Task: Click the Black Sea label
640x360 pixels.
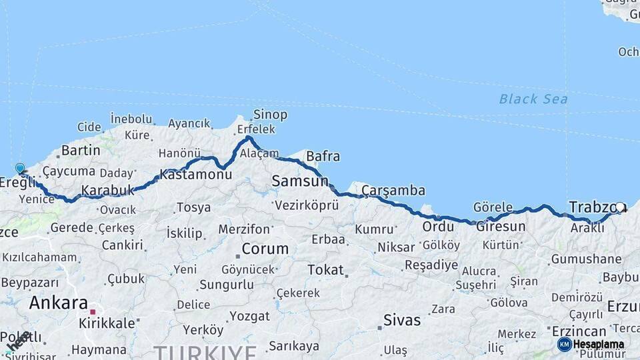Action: click(x=533, y=99)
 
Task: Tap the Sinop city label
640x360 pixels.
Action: click(x=270, y=115)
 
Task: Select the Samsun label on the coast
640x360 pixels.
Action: click(x=300, y=181)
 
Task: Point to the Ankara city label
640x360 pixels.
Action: click(x=58, y=303)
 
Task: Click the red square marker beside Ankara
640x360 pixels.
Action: click(x=93, y=311)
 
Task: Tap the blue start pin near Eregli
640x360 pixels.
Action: click(x=20, y=169)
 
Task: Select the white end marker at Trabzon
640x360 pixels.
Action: click(x=620, y=207)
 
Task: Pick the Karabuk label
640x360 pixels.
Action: click(x=108, y=191)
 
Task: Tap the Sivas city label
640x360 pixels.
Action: click(x=402, y=320)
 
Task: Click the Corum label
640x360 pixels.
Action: click(x=265, y=249)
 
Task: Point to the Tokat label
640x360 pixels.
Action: click(x=325, y=270)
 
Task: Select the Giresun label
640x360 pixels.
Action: click(x=499, y=226)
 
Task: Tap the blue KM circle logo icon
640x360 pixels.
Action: click(x=565, y=344)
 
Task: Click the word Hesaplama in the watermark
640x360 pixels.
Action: click(x=600, y=344)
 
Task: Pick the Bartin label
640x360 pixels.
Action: click(x=80, y=151)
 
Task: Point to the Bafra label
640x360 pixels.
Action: click(x=323, y=157)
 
